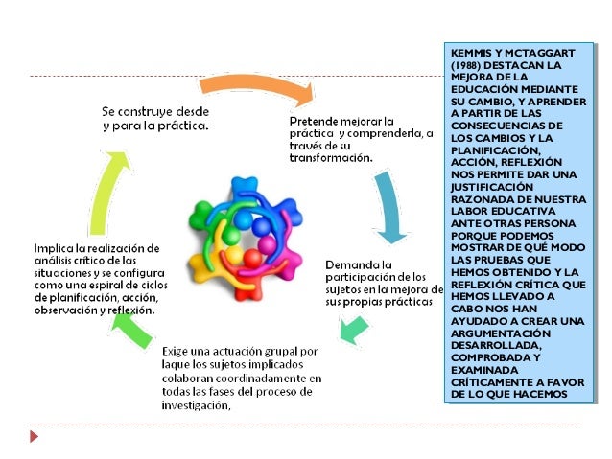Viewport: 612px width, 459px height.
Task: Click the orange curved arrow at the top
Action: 257,86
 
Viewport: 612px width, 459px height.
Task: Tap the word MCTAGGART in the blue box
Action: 544,53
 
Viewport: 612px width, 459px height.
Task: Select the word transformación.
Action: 331,158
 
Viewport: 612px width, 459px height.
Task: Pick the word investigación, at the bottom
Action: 198,405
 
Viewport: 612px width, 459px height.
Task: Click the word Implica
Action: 56,246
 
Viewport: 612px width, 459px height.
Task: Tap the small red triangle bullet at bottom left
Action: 35,436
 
